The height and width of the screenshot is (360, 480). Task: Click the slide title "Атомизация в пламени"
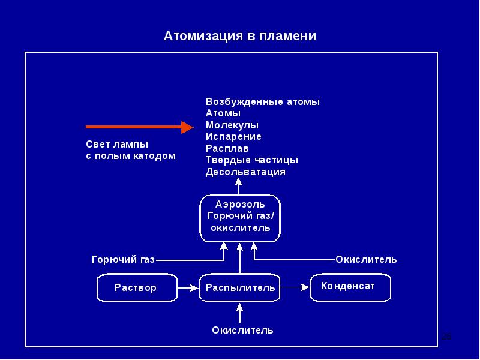tap(239, 36)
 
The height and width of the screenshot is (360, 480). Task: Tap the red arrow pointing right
tap(140, 127)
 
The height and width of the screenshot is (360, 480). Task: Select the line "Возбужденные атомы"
tap(263, 102)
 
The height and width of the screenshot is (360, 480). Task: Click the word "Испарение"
tap(233, 137)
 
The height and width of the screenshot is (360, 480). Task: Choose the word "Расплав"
tap(227, 148)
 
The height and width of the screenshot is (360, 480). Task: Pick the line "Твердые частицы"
tap(252, 160)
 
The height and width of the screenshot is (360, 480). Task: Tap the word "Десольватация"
tap(245, 172)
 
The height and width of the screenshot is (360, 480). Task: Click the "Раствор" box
tap(137, 287)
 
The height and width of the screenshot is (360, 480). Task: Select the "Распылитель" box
tap(239, 287)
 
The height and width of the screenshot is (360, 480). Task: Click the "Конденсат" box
tap(350, 287)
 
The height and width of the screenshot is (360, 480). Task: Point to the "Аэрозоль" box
tap(239, 218)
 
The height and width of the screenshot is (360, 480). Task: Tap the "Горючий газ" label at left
tap(124, 260)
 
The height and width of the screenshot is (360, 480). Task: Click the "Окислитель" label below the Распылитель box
tap(242, 331)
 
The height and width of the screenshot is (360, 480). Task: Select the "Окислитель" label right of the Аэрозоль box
tap(366, 260)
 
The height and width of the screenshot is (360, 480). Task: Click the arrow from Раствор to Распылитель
tap(188, 288)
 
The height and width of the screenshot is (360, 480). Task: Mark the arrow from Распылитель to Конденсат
tap(295, 287)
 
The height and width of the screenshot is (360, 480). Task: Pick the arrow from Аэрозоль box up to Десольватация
tap(238, 186)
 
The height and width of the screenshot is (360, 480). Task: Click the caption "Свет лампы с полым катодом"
tap(131, 150)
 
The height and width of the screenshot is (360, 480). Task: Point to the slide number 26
tap(446, 337)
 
